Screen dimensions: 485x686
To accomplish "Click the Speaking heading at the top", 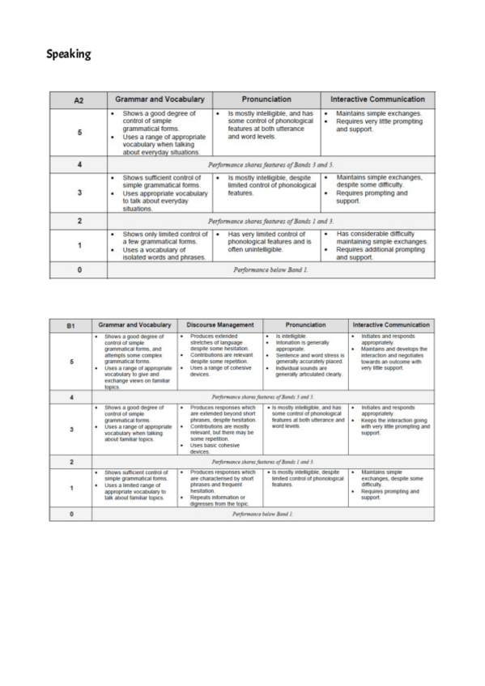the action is [x=68, y=55].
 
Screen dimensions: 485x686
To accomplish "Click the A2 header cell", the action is [x=79, y=100].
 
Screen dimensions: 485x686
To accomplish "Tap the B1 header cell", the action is [x=71, y=324].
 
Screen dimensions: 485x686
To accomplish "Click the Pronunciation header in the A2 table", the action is [x=267, y=100].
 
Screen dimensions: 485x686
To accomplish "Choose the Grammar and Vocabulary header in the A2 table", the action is [x=160, y=100].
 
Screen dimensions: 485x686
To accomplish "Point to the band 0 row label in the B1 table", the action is [x=71, y=513].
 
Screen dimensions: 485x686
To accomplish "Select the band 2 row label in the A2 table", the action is [x=79, y=220].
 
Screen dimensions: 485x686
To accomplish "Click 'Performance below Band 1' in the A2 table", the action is [x=270, y=270].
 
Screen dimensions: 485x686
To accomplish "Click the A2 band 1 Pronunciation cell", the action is [x=267, y=245].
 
